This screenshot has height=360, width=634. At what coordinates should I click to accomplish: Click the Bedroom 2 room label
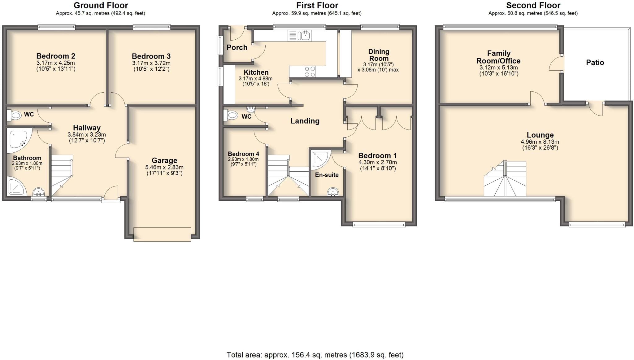pyautogui.click(x=56, y=56)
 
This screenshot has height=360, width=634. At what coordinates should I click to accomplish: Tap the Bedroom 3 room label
pyautogui.click(x=151, y=56)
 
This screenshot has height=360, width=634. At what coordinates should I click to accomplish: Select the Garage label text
pyautogui.click(x=164, y=160)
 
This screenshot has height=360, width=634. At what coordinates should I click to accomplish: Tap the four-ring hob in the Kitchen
pyautogui.click(x=310, y=72)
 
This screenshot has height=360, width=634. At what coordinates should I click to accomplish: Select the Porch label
pyautogui.click(x=237, y=47)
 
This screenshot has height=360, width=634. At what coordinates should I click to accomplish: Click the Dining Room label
pyautogui.click(x=379, y=55)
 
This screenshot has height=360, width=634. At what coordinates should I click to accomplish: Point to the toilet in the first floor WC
pyautogui.click(x=231, y=116)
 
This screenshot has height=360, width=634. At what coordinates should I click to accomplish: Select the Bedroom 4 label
pyautogui.click(x=244, y=154)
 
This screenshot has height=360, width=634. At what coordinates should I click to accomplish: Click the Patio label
pyautogui.click(x=595, y=63)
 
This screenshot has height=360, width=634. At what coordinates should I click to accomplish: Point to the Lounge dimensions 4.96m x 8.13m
pyautogui.click(x=540, y=142)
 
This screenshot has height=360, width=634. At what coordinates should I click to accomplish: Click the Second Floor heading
pyautogui.click(x=533, y=5)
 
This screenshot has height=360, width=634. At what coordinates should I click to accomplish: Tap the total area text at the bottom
pyautogui.click(x=315, y=355)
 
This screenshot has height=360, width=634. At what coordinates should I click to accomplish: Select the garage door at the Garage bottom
pyautogui.click(x=162, y=234)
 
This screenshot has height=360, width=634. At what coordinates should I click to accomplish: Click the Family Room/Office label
pyautogui.click(x=498, y=57)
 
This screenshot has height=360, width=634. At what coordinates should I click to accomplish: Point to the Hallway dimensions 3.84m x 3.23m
pyautogui.click(x=87, y=135)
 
